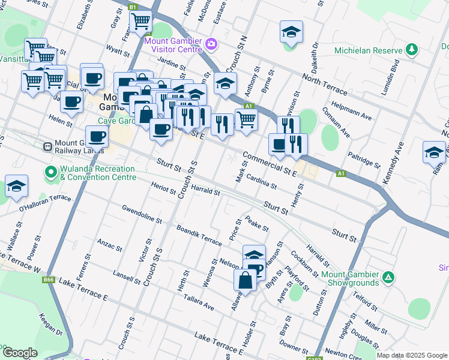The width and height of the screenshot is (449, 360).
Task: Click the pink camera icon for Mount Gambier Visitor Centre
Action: coord(211,43)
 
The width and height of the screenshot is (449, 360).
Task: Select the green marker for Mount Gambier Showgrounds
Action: coord(388,277)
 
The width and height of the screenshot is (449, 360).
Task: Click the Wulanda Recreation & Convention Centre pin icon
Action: coord(51,173)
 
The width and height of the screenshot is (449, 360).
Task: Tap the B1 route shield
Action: coord(133,7)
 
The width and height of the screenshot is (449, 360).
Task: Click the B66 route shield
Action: coord(48,280)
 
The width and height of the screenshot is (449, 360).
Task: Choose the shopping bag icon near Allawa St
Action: coord(246,280)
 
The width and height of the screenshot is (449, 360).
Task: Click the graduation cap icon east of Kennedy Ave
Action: coord(434,153)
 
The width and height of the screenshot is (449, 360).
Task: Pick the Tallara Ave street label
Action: coord(199,302)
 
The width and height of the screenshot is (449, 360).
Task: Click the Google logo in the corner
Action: coord(20,352)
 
